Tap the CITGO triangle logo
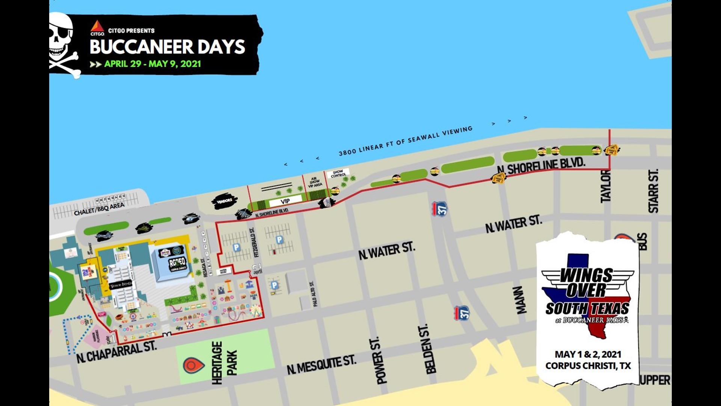tap(97, 27)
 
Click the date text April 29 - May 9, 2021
tap(152, 64)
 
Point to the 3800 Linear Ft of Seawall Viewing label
tap(405, 141)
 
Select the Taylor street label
tap(605, 186)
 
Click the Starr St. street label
tap(653, 191)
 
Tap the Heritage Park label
tap(225, 362)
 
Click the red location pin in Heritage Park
tap(193, 365)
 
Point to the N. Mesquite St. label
tap(321, 364)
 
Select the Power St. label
tap(382, 360)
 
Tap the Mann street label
tap(520, 300)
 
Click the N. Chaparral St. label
tap(116, 352)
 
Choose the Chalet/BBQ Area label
tap(99, 209)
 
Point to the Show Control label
tap(338, 173)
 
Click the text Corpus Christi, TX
tap(588, 366)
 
